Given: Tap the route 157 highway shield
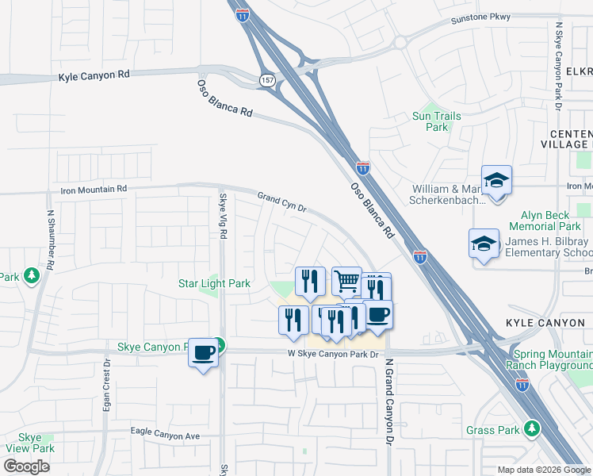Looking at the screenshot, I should click(266, 79).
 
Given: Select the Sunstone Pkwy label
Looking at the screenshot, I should click(480, 17).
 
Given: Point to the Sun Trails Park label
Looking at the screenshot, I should click(436, 121).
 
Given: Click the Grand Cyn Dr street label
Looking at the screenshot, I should click(281, 202).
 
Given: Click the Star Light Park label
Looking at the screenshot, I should click(213, 283).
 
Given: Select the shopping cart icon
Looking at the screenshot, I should click(346, 280).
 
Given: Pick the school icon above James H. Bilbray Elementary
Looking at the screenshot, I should click(484, 244).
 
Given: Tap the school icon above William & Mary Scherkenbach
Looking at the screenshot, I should click(497, 181).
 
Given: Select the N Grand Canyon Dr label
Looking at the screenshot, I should click(389, 401).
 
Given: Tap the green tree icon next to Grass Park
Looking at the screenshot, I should click(532, 429).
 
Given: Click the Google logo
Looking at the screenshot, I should click(26, 466).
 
